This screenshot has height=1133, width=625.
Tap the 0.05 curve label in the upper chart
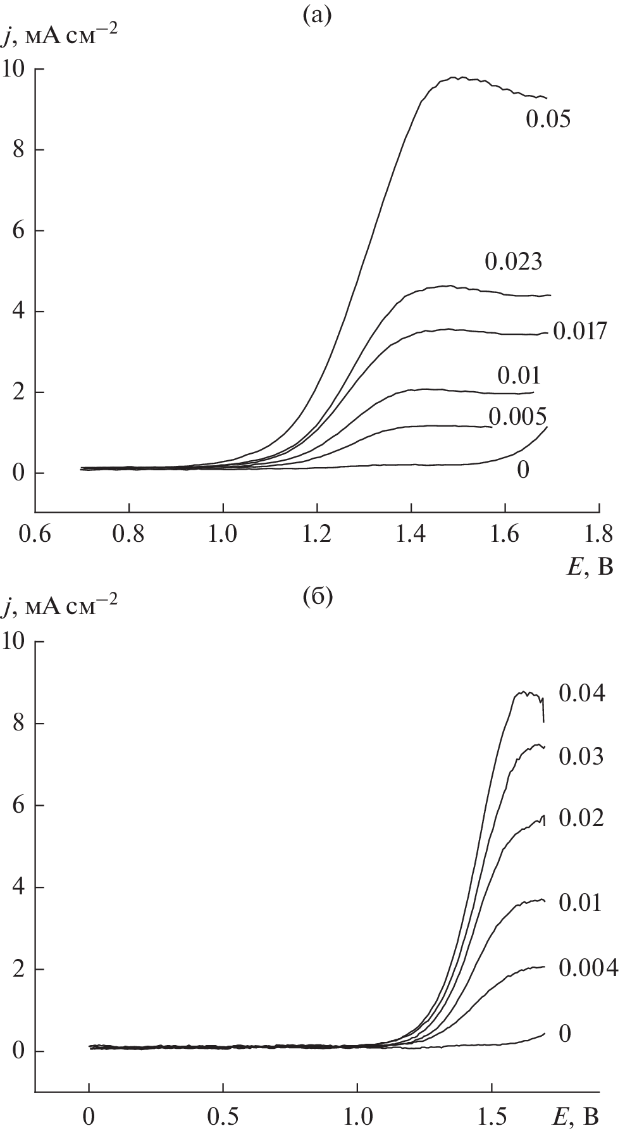548,119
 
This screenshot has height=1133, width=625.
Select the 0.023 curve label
513,261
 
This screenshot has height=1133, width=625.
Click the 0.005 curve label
517,416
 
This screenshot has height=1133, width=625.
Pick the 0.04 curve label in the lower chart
581,693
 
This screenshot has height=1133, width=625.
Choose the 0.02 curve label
581,818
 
